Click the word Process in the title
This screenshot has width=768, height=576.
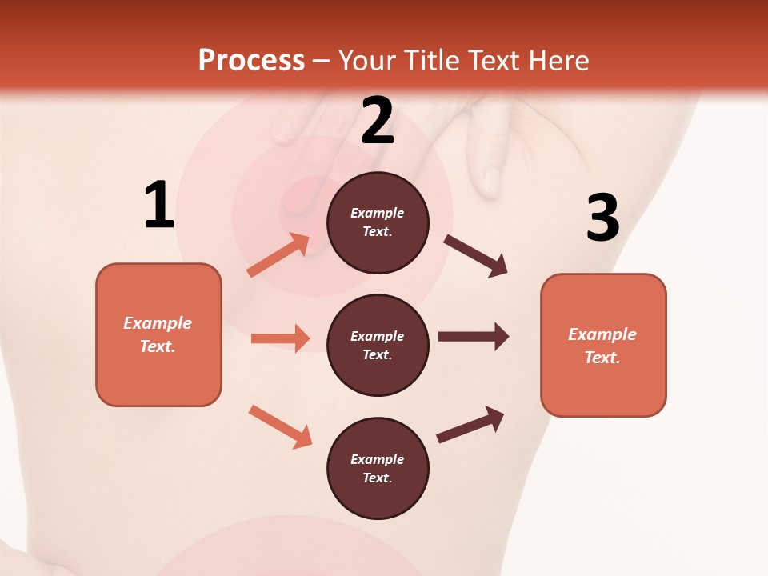pyautogui.click(x=251, y=60)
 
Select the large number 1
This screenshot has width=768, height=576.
pyautogui.click(x=159, y=206)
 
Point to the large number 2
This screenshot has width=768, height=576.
pyautogui.click(x=378, y=121)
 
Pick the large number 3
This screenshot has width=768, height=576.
pyautogui.click(x=602, y=218)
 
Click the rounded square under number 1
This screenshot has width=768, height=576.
pyautogui.click(x=158, y=334)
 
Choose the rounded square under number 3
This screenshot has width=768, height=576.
pyautogui.click(x=603, y=346)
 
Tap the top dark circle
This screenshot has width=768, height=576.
pyautogui.click(x=378, y=222)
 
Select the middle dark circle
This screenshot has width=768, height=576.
pyautogui.click(x=378, y=346)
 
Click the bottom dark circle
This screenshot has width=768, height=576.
pyautogui.click(x=378, y=469)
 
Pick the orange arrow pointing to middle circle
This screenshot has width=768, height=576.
pyautogui.click(x=280, y=338)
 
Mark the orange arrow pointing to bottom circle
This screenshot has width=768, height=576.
pyautogui.click(x=280, y=426)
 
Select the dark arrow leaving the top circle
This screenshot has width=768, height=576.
pyautogui.click(x=476, y=256)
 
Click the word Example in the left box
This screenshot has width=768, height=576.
pyautogui.click(x=158, y=323)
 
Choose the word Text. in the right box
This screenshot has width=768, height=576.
pyautogui.click(x=602, y=358)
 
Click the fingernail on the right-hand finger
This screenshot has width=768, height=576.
pyautogui.click(x=491, y=182)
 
